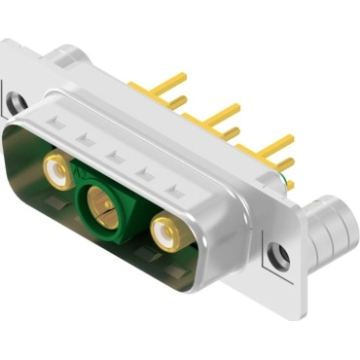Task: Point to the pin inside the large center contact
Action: coord(100,205)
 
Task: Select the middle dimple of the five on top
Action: coord(113,155)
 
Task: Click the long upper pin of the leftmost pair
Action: coord(167,82)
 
